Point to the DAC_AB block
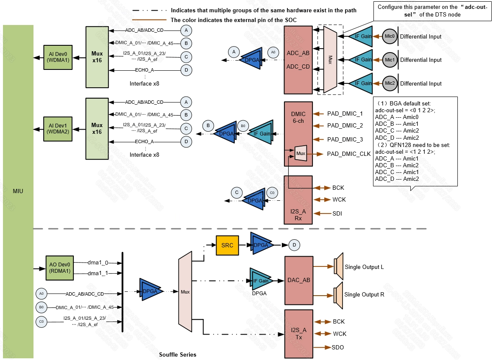tap(298, 280)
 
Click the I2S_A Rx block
tap(298, 199)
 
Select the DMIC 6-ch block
tap(298, 133)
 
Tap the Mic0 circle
tap(390, 36)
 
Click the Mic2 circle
tap(390, 83)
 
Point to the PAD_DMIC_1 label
tap(345, 114)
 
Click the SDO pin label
tap(338, 348)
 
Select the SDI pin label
tap(337, 213)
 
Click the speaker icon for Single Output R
tap(339, 295)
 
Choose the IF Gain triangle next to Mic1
tap(362, 60)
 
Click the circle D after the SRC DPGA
tap(294, 244)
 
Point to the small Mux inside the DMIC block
tap(301, 153)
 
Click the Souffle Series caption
tap(178, 354)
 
